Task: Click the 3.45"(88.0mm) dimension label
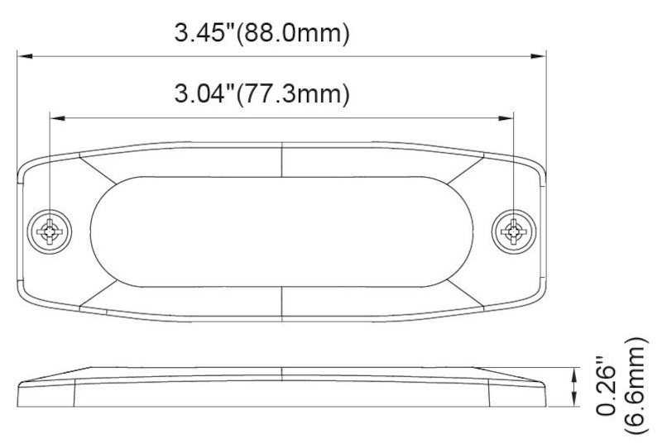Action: tap(261, 34)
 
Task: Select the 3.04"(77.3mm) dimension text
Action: tap(260, 93)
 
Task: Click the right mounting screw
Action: tap(514, 231)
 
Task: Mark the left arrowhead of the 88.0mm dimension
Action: tap(26, 56)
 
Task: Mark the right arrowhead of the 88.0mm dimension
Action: tap(539, 56)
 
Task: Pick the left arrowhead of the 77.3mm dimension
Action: tap(57, 117)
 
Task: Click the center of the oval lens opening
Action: tap(282, 231)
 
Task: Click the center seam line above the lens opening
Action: tap(283, 158)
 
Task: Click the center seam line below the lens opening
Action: tap(283, 304)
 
